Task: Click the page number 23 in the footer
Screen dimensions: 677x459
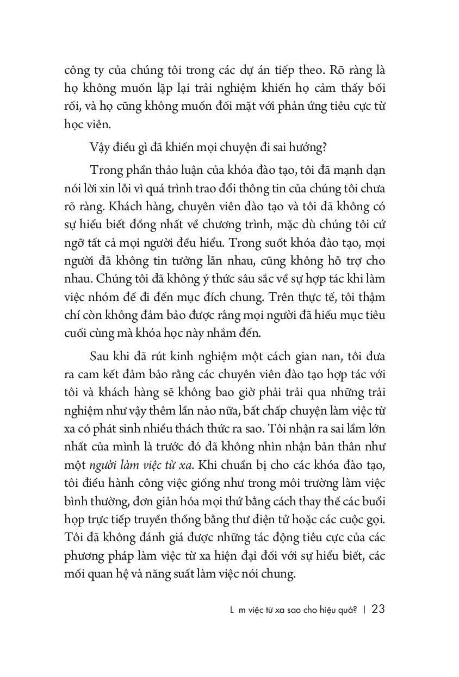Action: click(x=378, y=609)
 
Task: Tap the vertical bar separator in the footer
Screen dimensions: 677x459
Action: click(x=364, y=610)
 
